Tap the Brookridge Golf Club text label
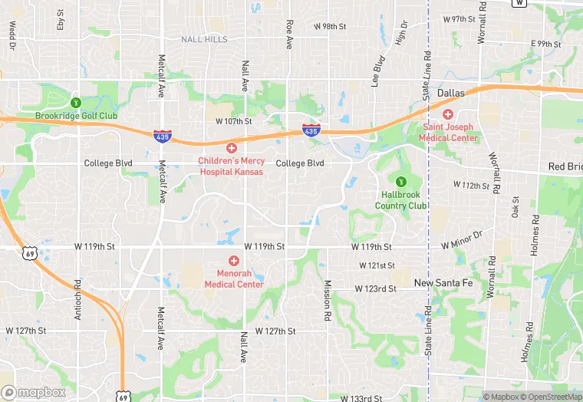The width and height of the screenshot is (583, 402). [76, 117]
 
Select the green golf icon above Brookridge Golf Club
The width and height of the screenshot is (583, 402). [75, 102]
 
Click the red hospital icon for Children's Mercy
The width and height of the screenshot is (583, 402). [231, 147]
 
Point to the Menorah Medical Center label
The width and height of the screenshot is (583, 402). [234, 279]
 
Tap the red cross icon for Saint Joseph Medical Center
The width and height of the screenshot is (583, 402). [447, 114]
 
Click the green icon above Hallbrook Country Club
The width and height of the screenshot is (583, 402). [400, 181]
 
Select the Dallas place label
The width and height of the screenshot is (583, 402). [451, 94]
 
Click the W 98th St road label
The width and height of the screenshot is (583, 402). [330, 26]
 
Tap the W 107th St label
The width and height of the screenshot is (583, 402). [234, 121]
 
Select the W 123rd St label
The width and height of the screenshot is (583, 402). [375, 289]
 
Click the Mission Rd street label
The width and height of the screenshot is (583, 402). [327, 299]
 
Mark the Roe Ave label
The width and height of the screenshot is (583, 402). [289, 35]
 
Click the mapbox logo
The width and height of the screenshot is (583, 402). [34, 392]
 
